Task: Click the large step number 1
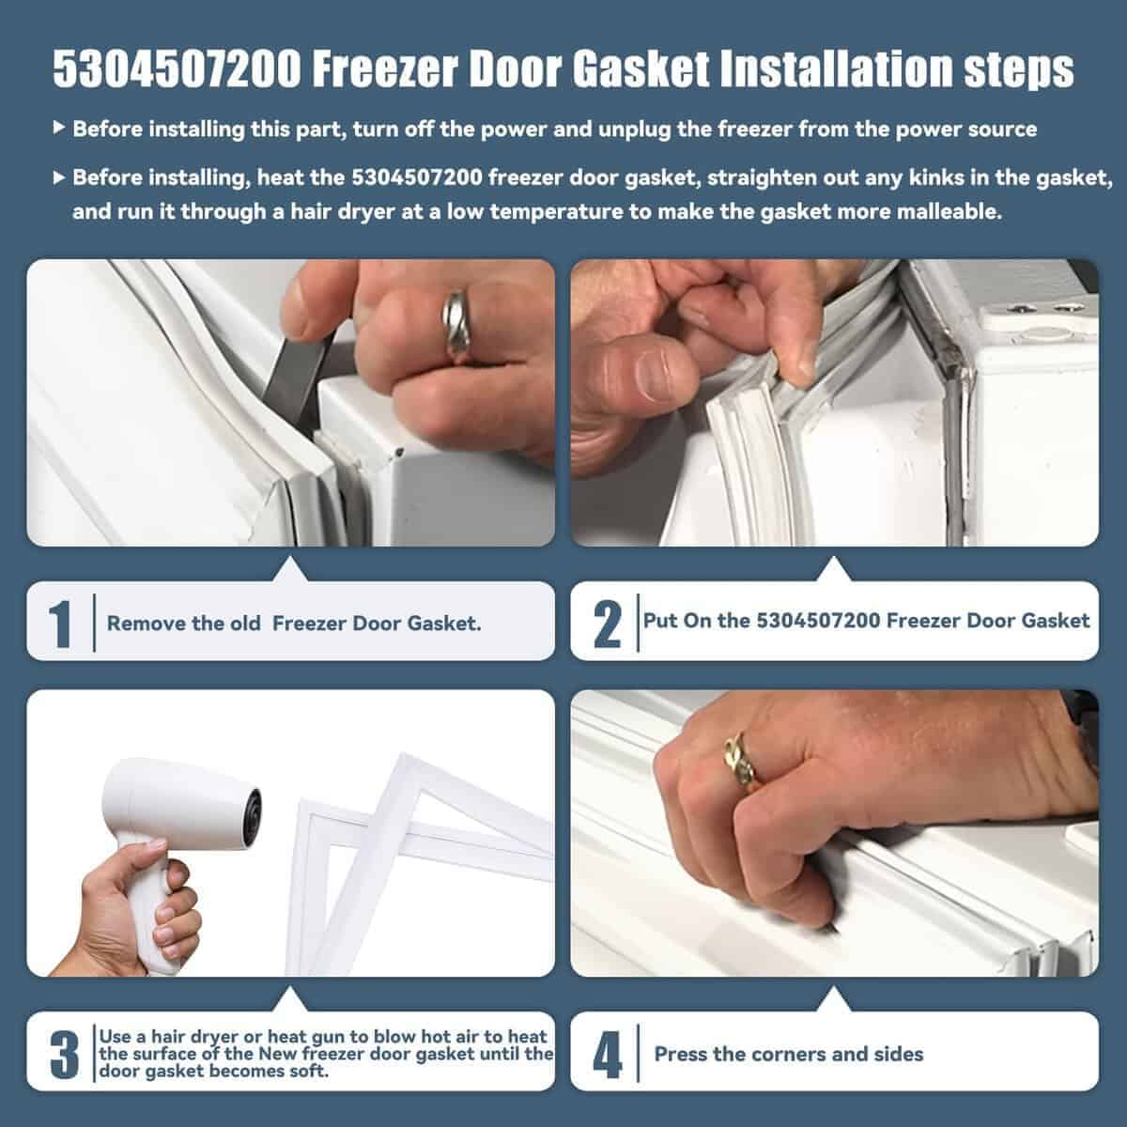tap(60, 624)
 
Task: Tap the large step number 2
tap(607, 624)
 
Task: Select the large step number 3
tap(65, 1055)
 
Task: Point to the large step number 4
tap(608, 1055)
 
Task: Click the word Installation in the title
tap(835, 69)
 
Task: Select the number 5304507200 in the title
tap(178, 69)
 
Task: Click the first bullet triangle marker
tap(58, 127)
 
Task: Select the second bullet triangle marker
tap(58, 177)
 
